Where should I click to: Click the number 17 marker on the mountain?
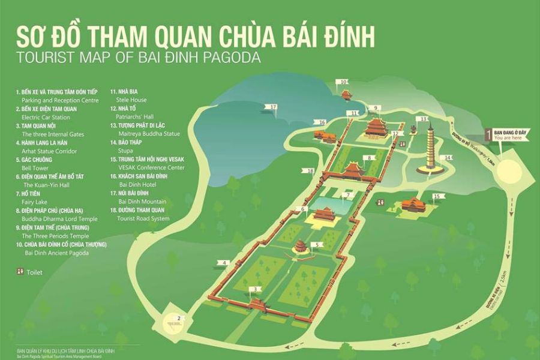pos(274,107)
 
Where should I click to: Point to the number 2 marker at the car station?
pos(178,317)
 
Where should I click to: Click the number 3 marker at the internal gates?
pos(257,289)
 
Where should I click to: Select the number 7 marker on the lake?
pos(346,195)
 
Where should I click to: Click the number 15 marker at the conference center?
pos(437,196)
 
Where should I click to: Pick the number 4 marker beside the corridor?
pos(223,263)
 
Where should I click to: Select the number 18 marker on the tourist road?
pos(310,171)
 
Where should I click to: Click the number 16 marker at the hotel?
pos(322,122)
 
